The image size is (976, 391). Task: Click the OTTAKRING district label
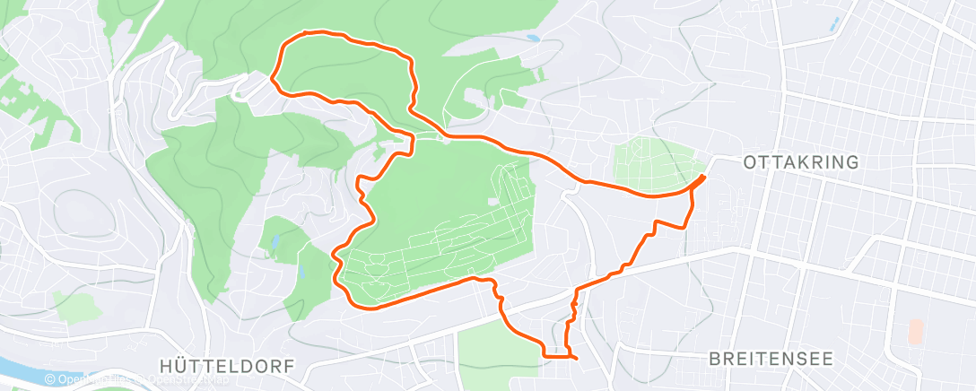point(801,162)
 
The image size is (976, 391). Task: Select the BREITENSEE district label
point(771,359)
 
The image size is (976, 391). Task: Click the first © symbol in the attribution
point(50,380)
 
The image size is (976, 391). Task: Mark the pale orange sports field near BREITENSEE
point(915,331)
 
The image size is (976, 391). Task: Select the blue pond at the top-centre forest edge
point(534,39)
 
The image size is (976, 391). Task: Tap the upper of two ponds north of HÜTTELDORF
point(274,241)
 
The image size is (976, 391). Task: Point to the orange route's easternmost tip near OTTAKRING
point(702,177)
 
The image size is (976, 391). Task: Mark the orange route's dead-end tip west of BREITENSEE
point(574,359)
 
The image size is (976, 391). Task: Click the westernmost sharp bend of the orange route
point(271,83)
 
